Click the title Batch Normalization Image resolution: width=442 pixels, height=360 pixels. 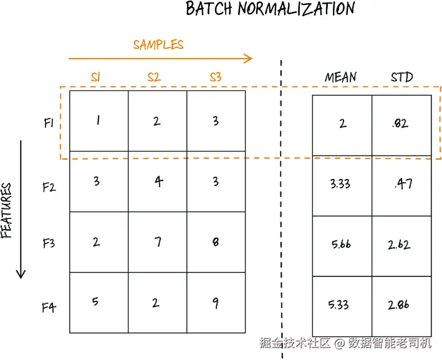(271, 9)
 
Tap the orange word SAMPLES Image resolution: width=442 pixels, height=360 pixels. (158, 44)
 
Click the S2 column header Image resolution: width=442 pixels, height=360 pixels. (154, 77)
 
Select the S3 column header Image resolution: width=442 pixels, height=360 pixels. (216, 77)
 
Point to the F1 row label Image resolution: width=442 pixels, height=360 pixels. (49, 123)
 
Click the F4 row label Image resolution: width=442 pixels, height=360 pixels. (49, 307)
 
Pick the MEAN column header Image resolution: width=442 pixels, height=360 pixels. (340, 77)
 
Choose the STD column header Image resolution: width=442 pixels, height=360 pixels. (401, 77)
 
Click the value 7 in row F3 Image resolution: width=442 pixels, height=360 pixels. (158, 242)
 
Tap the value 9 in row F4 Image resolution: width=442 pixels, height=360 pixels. (215, 303)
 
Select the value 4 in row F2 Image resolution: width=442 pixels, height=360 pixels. (159, 182)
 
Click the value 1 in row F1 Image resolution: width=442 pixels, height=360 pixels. (98, 120)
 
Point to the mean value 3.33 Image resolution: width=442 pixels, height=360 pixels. (340, 184)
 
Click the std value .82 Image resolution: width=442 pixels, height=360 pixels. (400, 124)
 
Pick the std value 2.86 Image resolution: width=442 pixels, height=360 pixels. (398, 304)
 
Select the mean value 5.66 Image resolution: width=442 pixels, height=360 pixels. (341, 244)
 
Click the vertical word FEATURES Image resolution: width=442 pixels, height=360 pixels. (6, 210)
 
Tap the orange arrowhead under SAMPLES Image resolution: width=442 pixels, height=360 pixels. (248, 59)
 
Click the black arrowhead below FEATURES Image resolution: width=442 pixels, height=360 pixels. (21, 275)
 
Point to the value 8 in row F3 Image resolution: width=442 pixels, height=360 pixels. (216, 242)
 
